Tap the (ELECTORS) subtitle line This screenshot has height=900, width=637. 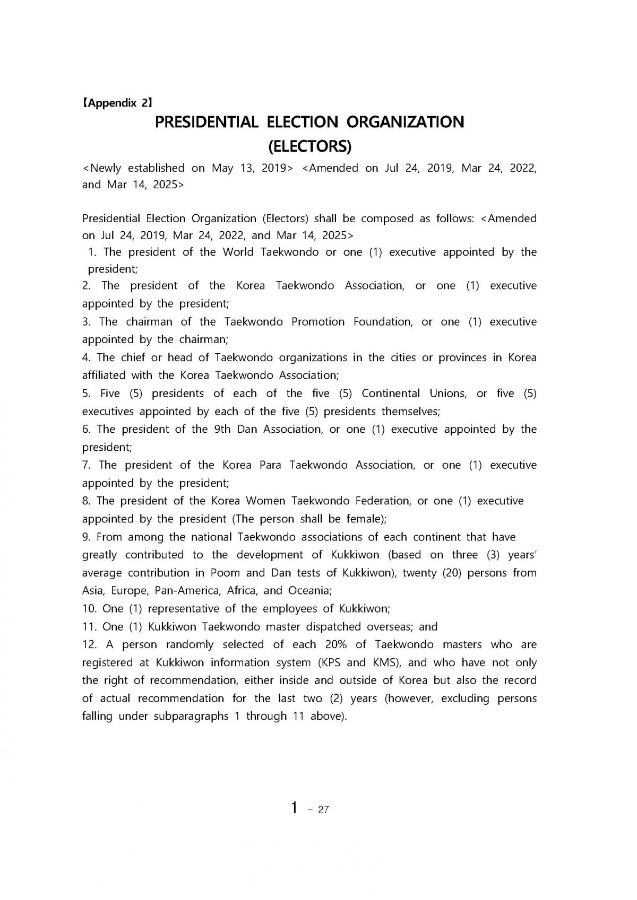tap(309, 145)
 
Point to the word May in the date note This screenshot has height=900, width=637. tap(222, 169)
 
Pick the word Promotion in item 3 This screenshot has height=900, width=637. tap(318, 322)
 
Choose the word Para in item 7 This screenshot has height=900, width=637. tap(270, 466)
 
